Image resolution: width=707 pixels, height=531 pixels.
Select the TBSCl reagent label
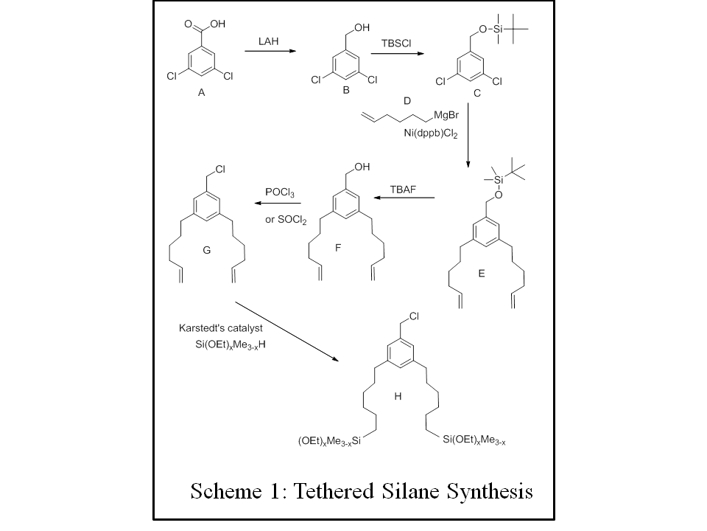[396, 44]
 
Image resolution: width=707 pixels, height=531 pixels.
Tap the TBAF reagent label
[404, 189]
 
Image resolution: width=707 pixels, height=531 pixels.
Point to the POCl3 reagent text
[280, 192]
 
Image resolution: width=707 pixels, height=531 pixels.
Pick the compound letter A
[201, 93]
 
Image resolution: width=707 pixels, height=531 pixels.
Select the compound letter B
[344, 90]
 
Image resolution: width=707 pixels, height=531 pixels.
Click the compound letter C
[477, 94]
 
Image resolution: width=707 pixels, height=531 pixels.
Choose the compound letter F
[338, 248]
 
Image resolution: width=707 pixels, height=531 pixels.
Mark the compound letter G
[207, 250]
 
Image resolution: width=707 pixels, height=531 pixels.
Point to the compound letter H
[398, 396]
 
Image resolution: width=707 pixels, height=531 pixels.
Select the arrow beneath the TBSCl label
[398, 54]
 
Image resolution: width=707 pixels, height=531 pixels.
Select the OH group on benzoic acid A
[216, 24]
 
